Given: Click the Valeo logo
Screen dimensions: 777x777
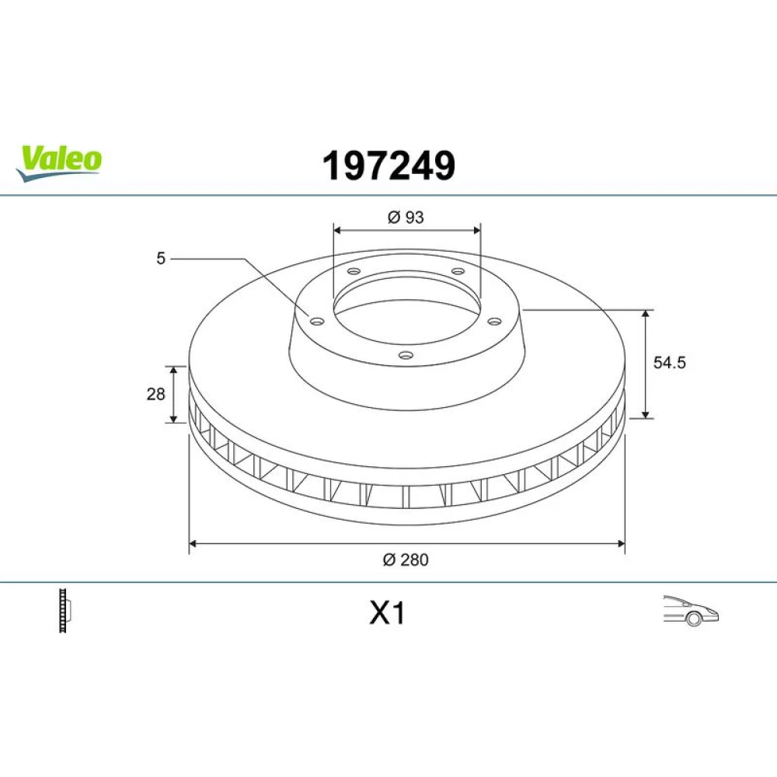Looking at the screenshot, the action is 58,163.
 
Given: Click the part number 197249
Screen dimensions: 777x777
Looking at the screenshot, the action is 388,166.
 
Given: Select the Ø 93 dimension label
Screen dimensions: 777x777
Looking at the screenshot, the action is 406,217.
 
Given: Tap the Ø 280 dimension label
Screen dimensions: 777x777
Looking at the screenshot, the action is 406,559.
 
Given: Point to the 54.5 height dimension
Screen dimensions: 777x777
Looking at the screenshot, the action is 670,362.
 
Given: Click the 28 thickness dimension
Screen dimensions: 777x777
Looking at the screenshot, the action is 155,394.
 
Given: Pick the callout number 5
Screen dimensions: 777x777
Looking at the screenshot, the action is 161,258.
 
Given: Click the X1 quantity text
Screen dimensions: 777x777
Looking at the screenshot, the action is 387,613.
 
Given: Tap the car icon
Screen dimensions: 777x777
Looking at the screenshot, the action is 691,611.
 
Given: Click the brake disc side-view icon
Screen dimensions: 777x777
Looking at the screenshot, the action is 65,610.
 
